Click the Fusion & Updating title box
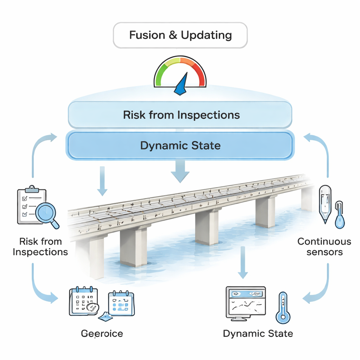click(x=180, y=35)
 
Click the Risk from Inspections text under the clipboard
click(x=40, y=246)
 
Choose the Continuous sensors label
click(x=324, y=246)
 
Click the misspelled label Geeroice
click(x=102, y=333)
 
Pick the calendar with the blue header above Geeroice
click(x=121, y=303)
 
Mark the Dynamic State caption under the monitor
click(x=258, y=333)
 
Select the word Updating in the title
click(x=206, y=35)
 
